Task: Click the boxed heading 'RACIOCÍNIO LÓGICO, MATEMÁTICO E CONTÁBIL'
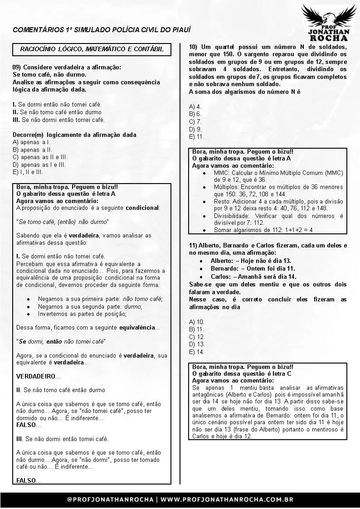tap(92, 49)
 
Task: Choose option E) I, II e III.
tap(28, 172)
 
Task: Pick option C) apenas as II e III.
tap(40, 157)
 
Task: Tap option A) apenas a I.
tap(32, 142)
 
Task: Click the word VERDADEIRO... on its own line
tap(38, 376)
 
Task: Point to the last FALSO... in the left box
tap(29, 480)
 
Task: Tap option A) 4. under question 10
tap(195, 107)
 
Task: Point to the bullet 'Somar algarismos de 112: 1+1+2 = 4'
tap(263, 230)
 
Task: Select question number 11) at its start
tap(193, 245)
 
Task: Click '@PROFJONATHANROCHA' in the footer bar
tap(111, 499)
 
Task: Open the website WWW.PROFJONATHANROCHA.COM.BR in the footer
tap(227, 499)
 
